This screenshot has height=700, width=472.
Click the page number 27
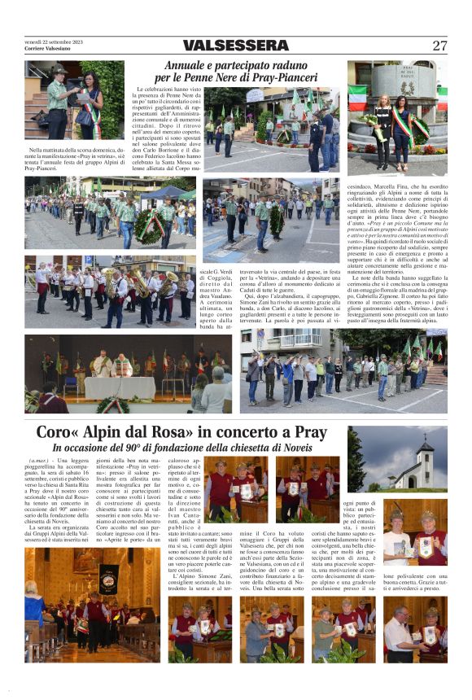point(439,46)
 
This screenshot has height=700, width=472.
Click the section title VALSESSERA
point(235,46)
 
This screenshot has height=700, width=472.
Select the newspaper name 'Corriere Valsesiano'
point(48,48)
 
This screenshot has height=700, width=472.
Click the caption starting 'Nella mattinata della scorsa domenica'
point(64,159)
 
